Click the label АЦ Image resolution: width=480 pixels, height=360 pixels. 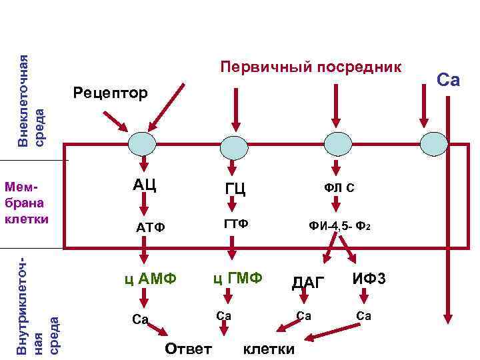[x=144, y=184]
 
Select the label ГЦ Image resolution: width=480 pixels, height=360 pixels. [x=235, y=189]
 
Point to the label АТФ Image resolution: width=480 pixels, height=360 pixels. [x=150, y=228]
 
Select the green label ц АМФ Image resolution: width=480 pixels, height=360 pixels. [x=151, y=278]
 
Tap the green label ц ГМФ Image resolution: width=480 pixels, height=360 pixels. [x=238, y=277]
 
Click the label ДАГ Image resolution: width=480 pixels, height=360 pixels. [x=308, y=283]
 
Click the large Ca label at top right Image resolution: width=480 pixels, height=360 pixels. [x=448, y=80]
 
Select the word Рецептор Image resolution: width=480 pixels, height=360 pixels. [x=111, y=93]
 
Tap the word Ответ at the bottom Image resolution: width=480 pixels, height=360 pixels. [x=188, y=348]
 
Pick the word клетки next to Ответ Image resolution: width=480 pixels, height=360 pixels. [x=269, y=349]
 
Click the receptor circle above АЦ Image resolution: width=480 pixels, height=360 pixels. [x=141, y=144]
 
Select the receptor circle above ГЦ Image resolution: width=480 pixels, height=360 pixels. [x=234, y=145]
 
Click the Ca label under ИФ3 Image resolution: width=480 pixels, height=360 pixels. [x=363, y=315]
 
